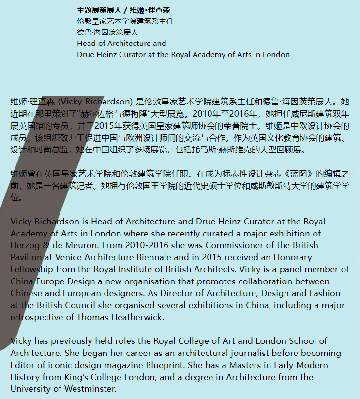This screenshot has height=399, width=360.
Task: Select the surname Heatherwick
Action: pyautogui.click(x=132, y=317)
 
